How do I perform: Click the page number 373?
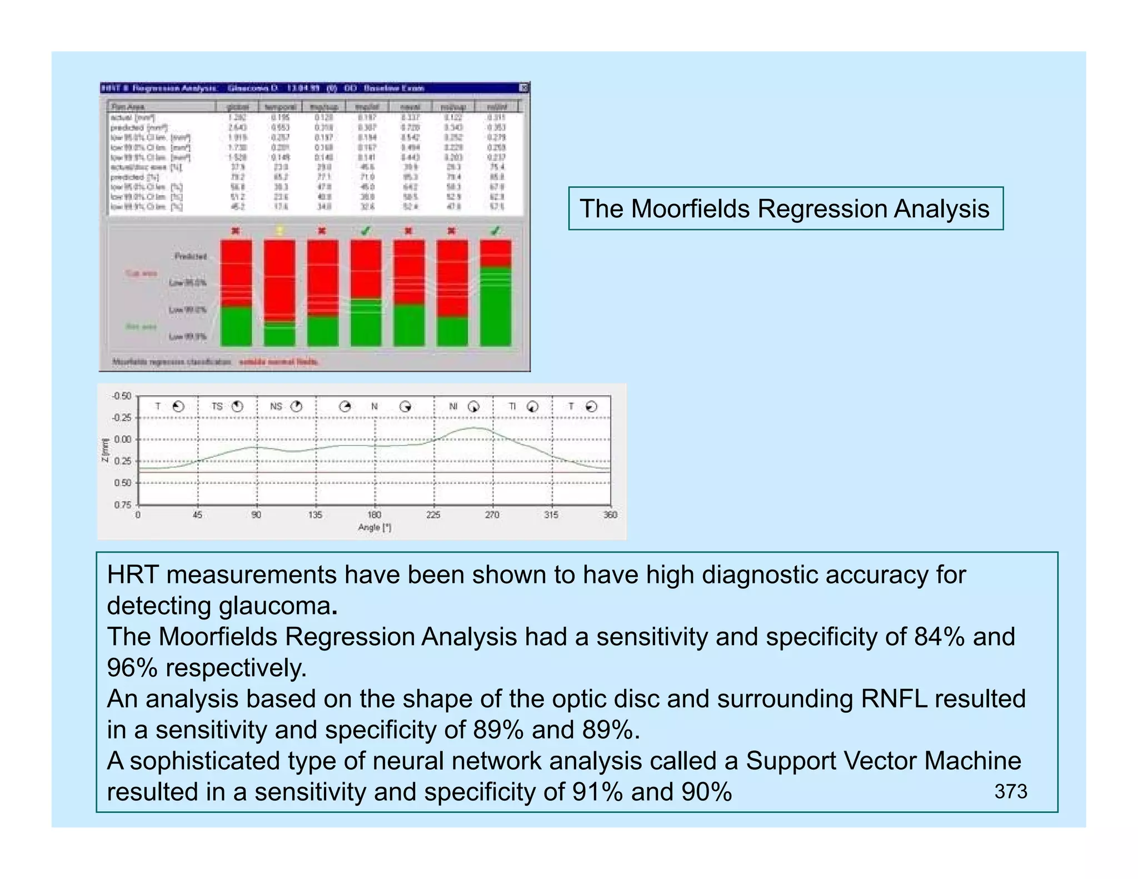1010,791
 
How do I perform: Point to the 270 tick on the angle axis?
492,515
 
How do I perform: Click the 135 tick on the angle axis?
315,515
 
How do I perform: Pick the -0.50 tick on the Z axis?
121,396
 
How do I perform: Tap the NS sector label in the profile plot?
276,407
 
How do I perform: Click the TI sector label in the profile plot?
512,407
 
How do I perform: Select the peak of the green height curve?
476,427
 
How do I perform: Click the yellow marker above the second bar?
279,231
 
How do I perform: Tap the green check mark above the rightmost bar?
495,231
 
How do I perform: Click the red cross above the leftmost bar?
236,231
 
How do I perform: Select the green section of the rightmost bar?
495,308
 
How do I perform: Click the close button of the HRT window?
523,88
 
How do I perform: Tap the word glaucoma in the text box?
274,606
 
